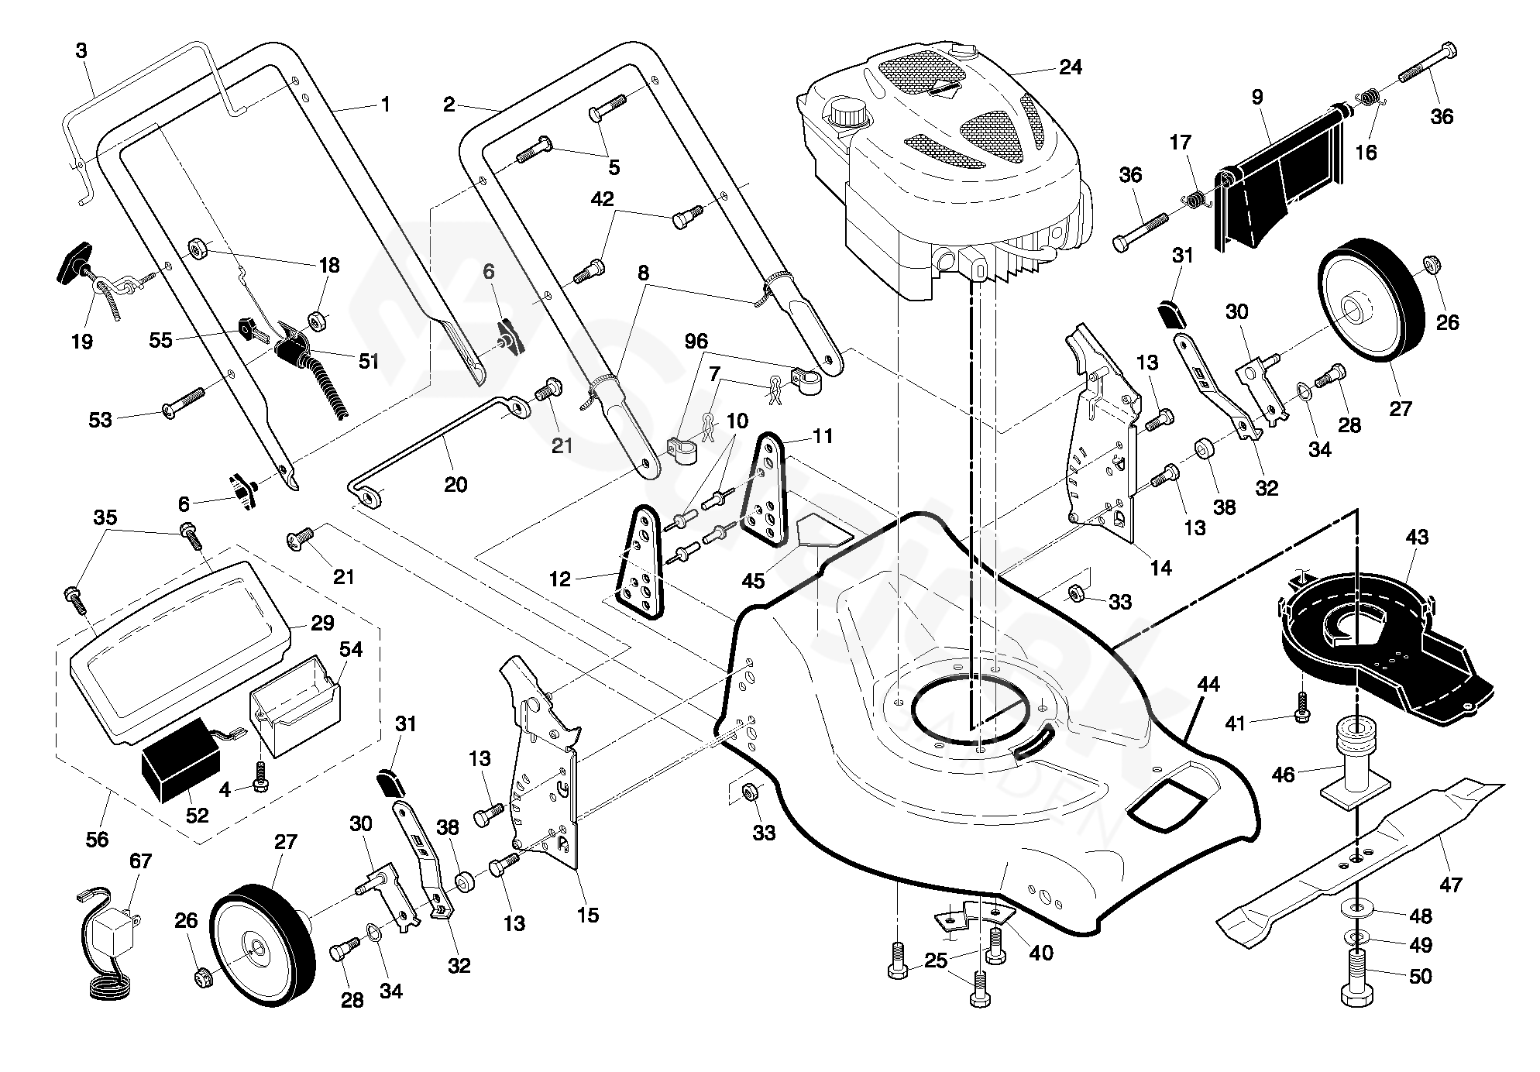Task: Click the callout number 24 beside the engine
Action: [x=1070, y=67]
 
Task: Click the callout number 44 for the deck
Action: [x=1208, y=685]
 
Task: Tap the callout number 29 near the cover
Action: [x=322, y=623]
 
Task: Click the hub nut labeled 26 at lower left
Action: [x=205, y=978]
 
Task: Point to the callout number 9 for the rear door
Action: [x=1256, y=97]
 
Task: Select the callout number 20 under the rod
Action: [x=455, y=485]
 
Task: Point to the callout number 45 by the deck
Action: [x=753, y=580]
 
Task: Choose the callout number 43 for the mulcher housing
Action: [x=1416, y=538]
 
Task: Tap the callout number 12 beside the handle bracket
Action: [x=560, y=579]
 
